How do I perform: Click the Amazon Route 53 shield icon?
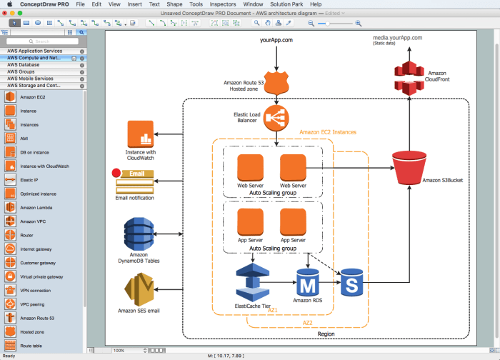coord(276,82)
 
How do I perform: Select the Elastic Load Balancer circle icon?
coord(276,117)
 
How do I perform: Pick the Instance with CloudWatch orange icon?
coord(141,135)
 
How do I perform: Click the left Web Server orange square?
coord(251,168)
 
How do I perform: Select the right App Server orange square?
coord(294,222)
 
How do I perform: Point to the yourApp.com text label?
coord(276,41)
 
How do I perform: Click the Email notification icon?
coord(136,181)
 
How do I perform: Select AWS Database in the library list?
coord(29,65)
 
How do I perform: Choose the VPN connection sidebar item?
coord(35,291)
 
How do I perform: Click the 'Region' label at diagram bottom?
coord(326,334)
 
